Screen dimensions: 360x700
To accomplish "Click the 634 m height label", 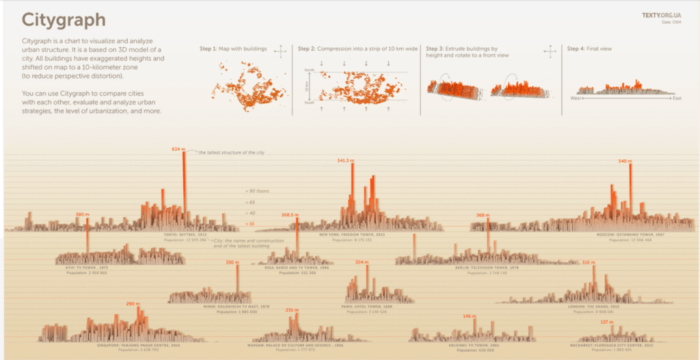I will pos(178,148).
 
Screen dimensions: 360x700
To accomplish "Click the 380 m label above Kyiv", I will pos(83,214).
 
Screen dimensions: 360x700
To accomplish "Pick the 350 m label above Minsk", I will pos(233,262).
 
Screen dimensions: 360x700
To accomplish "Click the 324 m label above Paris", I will pos(362,262).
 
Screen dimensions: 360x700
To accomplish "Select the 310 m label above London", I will pos(589,262).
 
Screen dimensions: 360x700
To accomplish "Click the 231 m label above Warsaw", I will pos(292,309).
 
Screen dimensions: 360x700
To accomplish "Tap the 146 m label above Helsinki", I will pos(469,316).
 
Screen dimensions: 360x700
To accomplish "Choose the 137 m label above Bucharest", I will pos(606,321).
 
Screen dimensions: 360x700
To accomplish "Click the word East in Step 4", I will pos(677,98).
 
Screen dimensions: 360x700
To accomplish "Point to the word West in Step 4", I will pos(576,98).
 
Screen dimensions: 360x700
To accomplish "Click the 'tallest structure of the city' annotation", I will pos(231,152).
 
